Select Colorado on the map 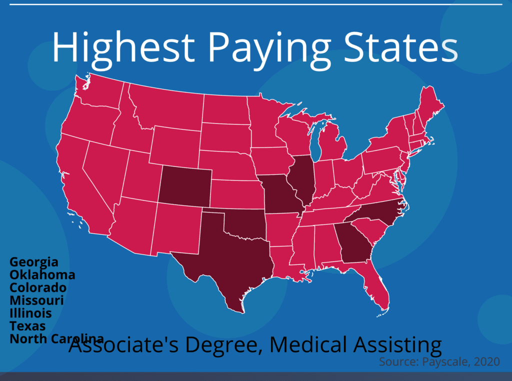[x=184, y=187]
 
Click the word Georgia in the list [x=34, y=262]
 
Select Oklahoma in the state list [x=42, y=275]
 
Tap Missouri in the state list [x=36, y=300]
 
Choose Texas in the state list [x=27, y=326]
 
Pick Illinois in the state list [x=30, y=313]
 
